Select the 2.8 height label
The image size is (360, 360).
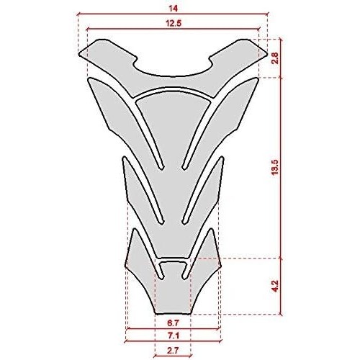[275, 58]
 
